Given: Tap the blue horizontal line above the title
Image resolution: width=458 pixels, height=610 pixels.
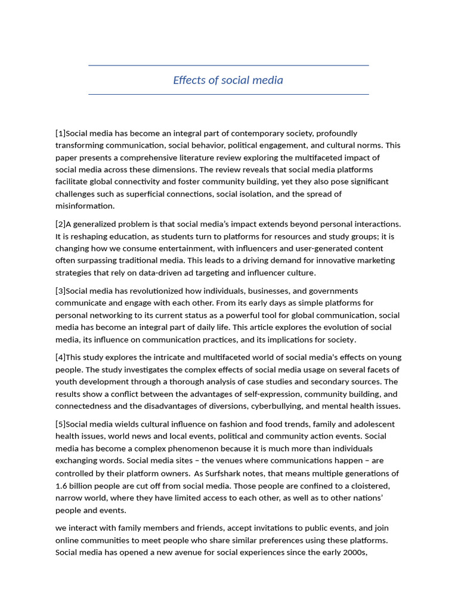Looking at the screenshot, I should pos(228,65).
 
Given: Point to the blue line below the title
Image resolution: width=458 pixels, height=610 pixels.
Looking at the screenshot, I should pos(228,94).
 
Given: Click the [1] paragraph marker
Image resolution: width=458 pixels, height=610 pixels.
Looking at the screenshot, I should pos(60,133).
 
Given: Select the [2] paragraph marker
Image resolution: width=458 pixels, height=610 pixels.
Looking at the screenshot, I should pos(60,224).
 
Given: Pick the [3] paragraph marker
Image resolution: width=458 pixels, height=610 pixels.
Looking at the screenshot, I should pos(60,291).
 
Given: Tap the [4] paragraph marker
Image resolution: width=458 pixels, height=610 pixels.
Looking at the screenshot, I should pos(60,357).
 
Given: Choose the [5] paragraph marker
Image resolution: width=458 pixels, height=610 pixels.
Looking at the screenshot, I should pos(60,424).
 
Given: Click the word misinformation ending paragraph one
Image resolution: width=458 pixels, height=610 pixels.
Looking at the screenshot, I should pos(84,206).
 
